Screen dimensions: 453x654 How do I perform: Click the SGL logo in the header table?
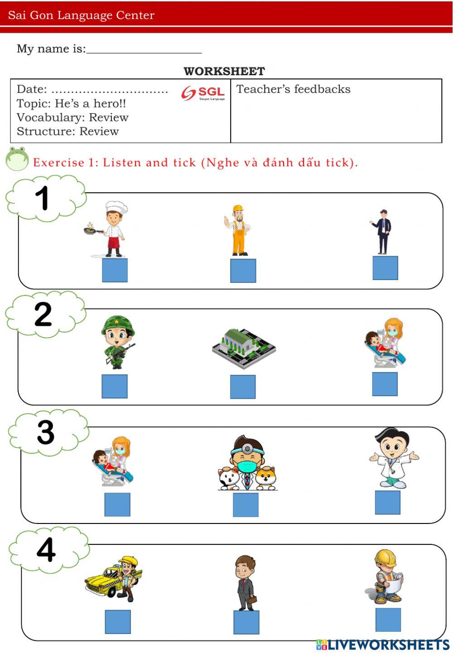coord(203,93)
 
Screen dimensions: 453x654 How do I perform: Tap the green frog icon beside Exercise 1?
coord(17,159)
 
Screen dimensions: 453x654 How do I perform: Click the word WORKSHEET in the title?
coord(224,71)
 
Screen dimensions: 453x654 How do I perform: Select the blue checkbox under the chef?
coord(115,270)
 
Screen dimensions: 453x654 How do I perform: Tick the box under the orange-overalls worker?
coord(243,271)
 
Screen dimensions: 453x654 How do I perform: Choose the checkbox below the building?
coord(242,387)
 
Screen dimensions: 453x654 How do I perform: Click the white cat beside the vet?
coord(228,479)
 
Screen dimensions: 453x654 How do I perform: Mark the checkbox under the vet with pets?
coord(246,505)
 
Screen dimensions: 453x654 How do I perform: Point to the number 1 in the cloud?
coord(42,198)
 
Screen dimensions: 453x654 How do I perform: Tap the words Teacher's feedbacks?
coord(293,89)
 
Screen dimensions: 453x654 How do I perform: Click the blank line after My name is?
coord(144,53)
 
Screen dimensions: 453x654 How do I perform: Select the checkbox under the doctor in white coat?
coord(388,502)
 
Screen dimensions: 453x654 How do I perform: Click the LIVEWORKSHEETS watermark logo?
coord(383,644)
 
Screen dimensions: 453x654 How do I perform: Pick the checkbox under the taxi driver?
coord(118,621)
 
